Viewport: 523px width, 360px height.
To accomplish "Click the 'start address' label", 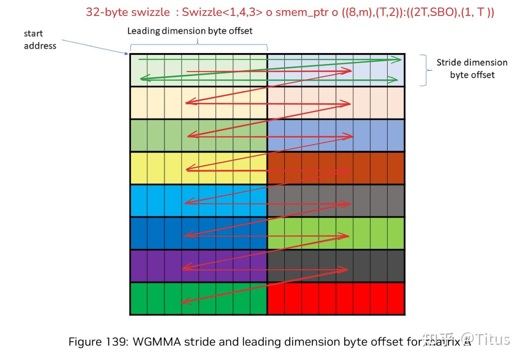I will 40,40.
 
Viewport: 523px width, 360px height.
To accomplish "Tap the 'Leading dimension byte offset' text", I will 190,31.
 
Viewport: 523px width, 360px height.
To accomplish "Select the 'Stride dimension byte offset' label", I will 472,69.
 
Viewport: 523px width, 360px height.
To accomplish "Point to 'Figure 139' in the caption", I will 98,342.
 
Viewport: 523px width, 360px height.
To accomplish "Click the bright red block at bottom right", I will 336,299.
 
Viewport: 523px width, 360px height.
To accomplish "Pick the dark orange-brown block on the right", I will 336,168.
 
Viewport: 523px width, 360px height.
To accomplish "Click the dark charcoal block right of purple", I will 336,266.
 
